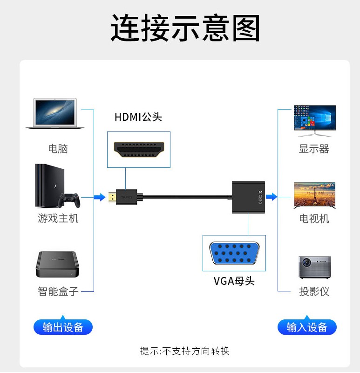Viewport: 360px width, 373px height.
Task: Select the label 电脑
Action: (x=58, y=149)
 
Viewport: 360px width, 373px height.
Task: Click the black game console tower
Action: (x=46, y=185)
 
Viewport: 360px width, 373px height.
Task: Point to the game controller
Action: (x=69, y=200)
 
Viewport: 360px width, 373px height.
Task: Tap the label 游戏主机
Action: (x=58, y=218)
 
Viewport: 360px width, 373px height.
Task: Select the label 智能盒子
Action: (x=58, y=291)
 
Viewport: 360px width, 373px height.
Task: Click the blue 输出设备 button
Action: (x=63, y=327)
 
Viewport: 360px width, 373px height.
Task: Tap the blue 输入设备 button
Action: (x=307, y=327)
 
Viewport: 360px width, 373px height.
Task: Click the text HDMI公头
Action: (x=138, y=117)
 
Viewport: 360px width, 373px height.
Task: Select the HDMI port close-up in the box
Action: (x=139, y=149)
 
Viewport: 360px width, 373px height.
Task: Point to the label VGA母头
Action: (x=234, y=281)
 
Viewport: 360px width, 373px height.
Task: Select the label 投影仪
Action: (x=314, y=291)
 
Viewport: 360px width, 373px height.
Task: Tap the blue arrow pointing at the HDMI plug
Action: (x=99, y=197)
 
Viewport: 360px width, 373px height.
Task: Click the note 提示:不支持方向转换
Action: (x=185, y=351)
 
